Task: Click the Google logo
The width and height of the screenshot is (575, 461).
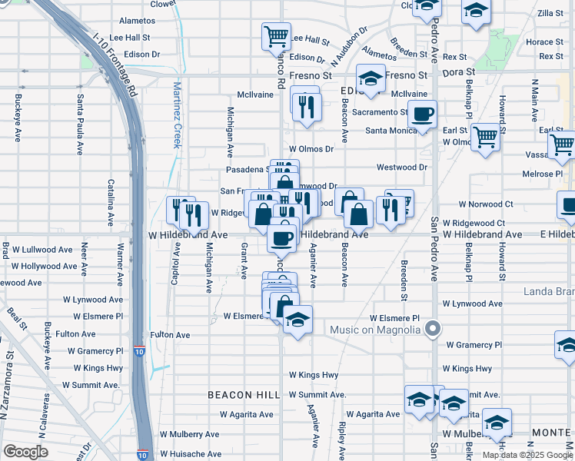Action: (25, 452)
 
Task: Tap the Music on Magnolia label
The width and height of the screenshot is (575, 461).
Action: (377, 330)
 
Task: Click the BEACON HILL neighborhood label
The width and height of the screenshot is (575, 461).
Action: (244, 395)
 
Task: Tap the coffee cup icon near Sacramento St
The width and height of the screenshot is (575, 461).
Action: (422, 114)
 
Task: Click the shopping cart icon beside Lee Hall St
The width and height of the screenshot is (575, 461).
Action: (276, 35)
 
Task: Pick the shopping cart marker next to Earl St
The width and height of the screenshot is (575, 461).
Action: (485, 138)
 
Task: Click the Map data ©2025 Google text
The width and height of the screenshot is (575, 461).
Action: (527, 454)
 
